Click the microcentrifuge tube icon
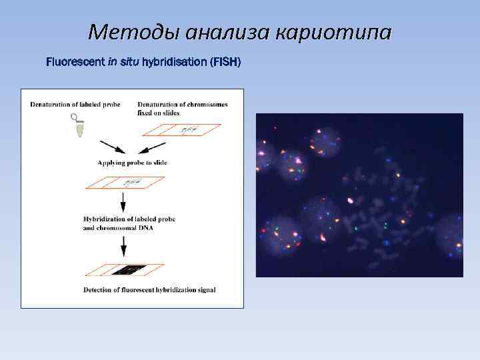click(79, 125)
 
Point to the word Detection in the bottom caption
click(101, 290)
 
